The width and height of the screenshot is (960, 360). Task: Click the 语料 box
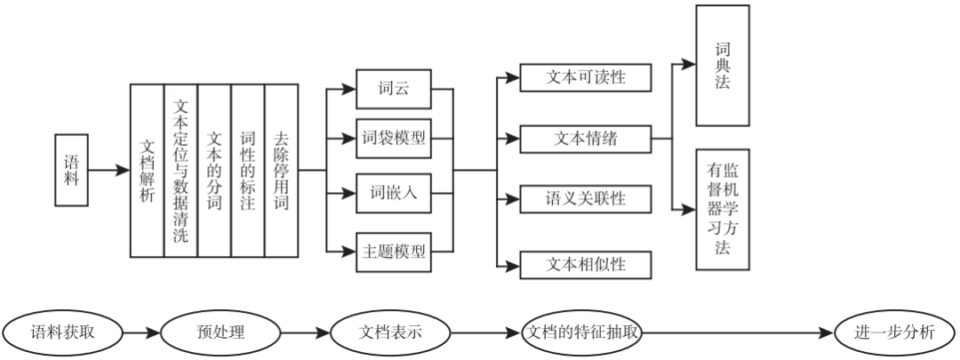pyautogui.click(x=72, y=169)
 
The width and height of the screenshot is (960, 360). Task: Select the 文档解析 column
pyautogui.click(x=148, y=169)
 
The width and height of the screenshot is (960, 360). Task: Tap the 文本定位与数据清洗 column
pyautogui.click(x=180, y=169)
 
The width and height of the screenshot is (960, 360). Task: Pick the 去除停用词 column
pyautogui.click(x=282, y=169)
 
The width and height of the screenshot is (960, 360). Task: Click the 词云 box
pyautogui.click(x=392, y=90)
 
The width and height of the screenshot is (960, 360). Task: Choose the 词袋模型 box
pyautogui.click(x=392, y=139)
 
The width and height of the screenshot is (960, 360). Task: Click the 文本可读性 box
pyautogui.click(x=585, y=77)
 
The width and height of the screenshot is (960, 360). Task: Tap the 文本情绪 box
pyautogui.click(x=585, y=139)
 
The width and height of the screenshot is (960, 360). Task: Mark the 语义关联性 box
pyautogui.click(x=585, y=197)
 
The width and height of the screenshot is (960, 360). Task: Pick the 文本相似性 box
pyautogui.click(x=585, y=263)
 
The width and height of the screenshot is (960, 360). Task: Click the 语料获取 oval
pyautogui.click(x=61, y=334)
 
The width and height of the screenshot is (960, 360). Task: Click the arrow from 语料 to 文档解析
pyautogui.click(x=109, y=169)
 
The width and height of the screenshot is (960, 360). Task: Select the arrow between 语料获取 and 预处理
pyautogui.click(x=140, y=334)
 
